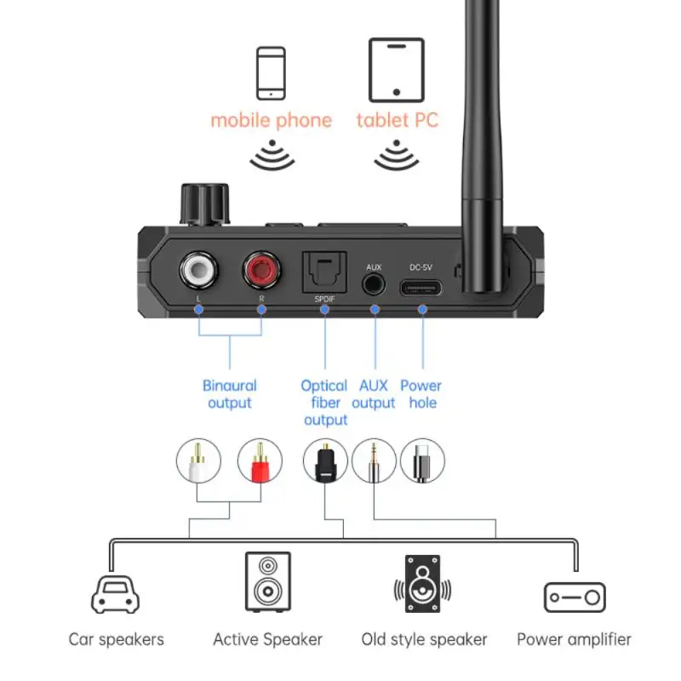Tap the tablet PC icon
pyautogui.click(x=396, y=69)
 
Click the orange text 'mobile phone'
pyautogui.click(x=271, y=120)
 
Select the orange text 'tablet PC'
pyautogui.click(x=397, y=120)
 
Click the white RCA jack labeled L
pyautogui.click(x=198, y=272)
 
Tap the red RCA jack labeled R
pyautogui.click(x=261, y=272)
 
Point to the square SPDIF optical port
pyautogui.click(x=324, y=274)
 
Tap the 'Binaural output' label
pyautogui.click(x=230, y=393)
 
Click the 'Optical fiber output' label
pyautogui.click(x=325, y=403)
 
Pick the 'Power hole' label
pyautogui.click(x=421, y=393)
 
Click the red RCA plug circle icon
pyautogui.click(x=259, y=461)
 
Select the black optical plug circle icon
pyautogui.click(x=324, y=461)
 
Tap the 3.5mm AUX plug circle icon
pyautogui.click(x=374, y=461)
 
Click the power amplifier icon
pyautogui.click(x=574, y=598)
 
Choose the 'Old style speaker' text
pyautogui.click(x=424, y=638)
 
